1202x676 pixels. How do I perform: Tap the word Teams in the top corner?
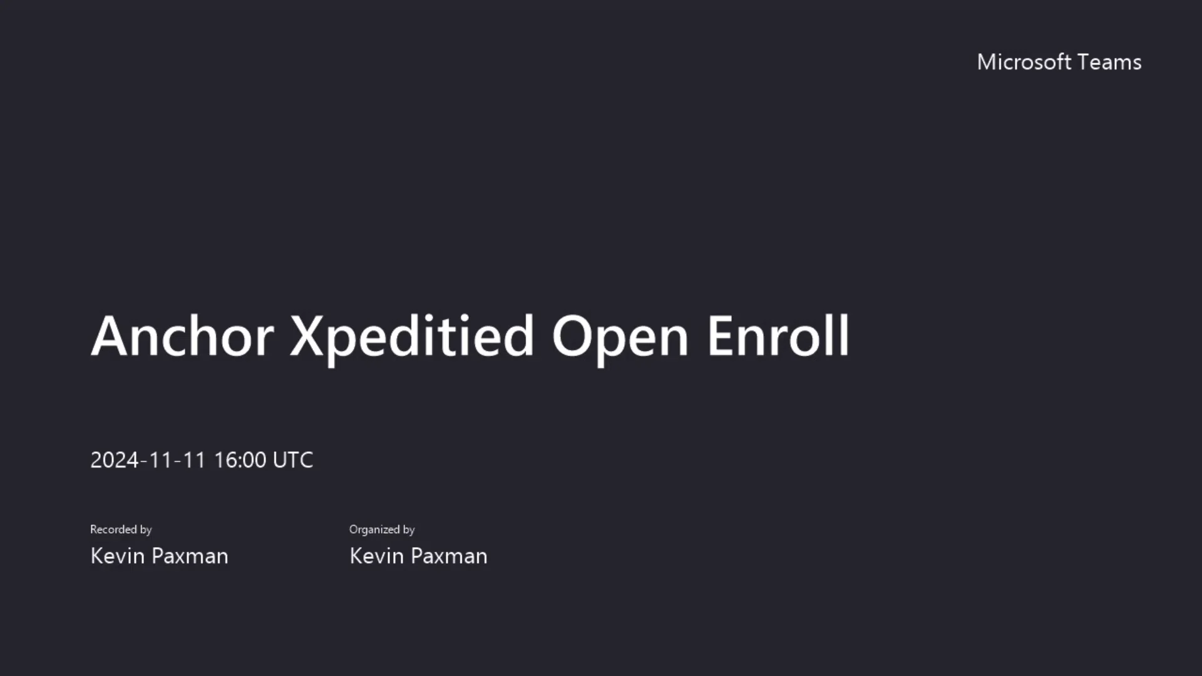tap(1110, 62)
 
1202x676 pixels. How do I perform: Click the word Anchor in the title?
tap(182, 335)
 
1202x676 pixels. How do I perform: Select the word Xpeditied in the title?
tap(411, 339)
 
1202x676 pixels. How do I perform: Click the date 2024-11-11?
tap(148, 460)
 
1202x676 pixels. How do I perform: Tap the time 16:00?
tap(240, 460)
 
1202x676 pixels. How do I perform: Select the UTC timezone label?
tap(293, 460)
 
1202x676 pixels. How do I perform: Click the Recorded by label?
tap(121, 530)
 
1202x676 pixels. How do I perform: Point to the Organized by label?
tap(382, 530)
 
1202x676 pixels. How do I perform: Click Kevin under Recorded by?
tap(118, 556)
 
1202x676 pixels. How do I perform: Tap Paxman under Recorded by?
tap(190, 556)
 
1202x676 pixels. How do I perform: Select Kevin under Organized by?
tap(377, 556)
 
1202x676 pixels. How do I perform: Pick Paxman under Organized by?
tap(449, 556)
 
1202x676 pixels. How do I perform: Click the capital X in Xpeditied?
tap(308, 336)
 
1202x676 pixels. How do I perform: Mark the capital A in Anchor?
tap(111, 336)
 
